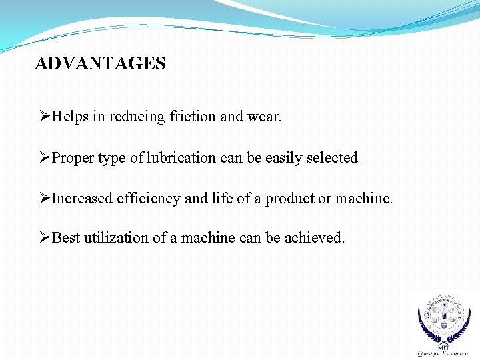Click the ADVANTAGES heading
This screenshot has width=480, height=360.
tap(100, 63)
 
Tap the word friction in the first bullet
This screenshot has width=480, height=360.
tap(193, 117)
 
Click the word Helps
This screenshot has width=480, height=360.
tap(70, 117)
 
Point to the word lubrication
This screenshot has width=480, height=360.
tap(181, 158)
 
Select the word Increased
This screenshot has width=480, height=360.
tap(82, 199)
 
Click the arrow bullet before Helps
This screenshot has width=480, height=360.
tap(45, 117)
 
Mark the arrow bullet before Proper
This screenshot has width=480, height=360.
tap(45, 158)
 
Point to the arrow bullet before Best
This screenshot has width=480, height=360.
tap(45, 238)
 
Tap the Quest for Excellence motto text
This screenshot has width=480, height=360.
tap(443, 353)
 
